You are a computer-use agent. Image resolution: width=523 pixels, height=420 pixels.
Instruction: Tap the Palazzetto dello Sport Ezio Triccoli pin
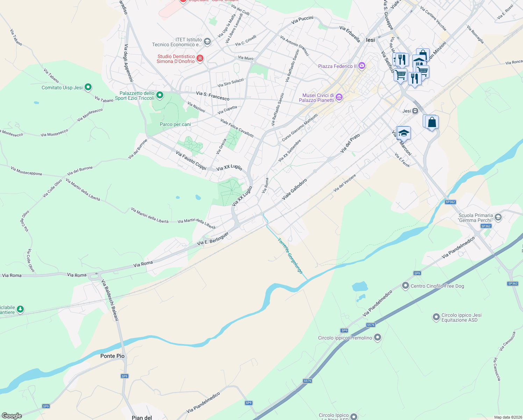tap(160, 95)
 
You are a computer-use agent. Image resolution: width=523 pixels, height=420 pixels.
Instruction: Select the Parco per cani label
tap(175, 124)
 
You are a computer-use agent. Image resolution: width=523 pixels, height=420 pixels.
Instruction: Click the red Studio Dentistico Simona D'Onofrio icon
tap(200, 58)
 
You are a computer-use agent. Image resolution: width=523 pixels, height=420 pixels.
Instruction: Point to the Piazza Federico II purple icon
tap(362, 66)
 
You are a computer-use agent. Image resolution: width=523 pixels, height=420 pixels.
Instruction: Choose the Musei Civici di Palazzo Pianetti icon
tap(339, 97)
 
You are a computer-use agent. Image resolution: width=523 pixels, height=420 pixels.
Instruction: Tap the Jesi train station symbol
tap(415, 111)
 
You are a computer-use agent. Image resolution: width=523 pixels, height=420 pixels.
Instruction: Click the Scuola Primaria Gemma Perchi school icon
tap(498, 217)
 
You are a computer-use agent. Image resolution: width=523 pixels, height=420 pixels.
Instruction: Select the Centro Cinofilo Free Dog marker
tap(405, 286)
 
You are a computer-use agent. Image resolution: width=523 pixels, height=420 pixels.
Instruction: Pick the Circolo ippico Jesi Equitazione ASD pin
tap(436, 317)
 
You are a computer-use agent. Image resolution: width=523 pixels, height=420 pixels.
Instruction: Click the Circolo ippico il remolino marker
tap(377, 337)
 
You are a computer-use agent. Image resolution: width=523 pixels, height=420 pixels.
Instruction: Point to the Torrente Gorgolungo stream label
tap(290, 255)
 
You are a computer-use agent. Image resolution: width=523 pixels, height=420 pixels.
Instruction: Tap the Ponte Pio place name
tap(112, 356)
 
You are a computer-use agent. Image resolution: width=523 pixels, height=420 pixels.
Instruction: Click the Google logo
tap(12, 416)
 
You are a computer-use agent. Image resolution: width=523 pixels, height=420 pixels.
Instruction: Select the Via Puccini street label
tap(302, 20)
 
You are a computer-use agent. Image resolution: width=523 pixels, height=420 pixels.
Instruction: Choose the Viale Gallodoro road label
tap(294, 189)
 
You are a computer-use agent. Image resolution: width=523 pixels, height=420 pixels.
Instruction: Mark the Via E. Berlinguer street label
tap(213, 239)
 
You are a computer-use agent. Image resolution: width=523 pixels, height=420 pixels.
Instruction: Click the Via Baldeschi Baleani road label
tap(110, 300)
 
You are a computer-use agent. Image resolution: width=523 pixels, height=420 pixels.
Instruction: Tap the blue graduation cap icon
tap(403, 133)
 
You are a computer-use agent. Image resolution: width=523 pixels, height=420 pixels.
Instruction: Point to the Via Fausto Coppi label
tap(191, 160)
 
